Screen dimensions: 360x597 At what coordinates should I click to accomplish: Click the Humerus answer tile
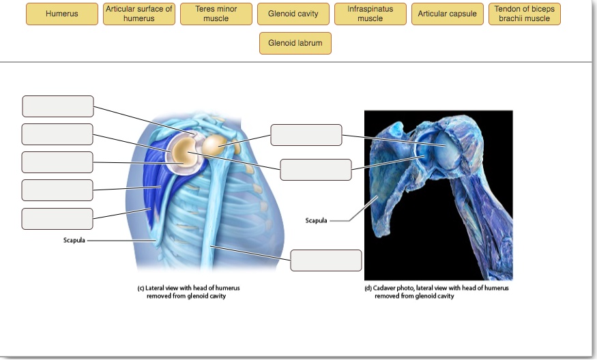click(62, 14)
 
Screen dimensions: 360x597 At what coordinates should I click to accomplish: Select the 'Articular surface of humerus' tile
click(139, 14)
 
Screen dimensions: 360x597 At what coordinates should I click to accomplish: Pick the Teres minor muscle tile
click(216, 14)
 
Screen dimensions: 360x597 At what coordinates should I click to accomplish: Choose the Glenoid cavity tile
click(293, 14)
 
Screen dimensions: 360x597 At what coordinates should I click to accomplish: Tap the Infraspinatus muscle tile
click(370, 14)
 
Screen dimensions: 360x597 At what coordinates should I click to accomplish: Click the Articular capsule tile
click(448, 14)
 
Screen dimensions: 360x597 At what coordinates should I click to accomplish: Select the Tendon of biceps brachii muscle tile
click(525, 14)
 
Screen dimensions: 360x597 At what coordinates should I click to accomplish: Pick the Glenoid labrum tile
click(295, 43)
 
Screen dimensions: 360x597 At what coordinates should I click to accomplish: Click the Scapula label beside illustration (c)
click(74, 240)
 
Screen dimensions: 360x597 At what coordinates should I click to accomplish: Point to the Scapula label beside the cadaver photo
click(316, 220)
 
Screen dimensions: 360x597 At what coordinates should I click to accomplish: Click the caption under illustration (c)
click(188, 292)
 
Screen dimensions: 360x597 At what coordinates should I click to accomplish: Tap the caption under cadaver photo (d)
click(436, 292)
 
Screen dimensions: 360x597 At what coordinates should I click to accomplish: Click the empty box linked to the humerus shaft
click(326, 260)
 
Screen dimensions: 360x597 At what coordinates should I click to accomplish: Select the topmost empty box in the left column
click(58, 106)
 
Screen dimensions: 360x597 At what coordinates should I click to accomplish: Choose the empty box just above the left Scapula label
click(57, 219)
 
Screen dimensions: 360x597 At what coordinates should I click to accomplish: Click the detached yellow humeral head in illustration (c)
click(214, 143)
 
